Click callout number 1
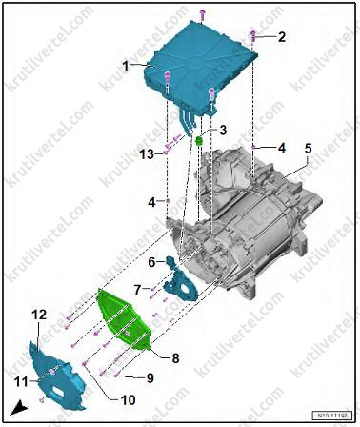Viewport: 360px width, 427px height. pyautogui.click(x=127, y=67)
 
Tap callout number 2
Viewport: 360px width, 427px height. pyautogui.click(x=281, y=37)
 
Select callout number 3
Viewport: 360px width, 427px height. pyautogui.click(x=223, y=130)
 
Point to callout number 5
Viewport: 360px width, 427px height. pyautogui.click(x=308, y=149)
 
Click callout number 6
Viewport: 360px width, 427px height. pyautogui.click(x=152, y=262)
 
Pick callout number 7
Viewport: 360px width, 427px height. pyautogui.click(x=138, y=290)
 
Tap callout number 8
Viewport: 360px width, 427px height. pyautogui.click(x=175, y=358)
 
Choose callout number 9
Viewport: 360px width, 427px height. pyautogui.click(x=150, y=377)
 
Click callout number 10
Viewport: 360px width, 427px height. pyautogui.click(x=128, y=400)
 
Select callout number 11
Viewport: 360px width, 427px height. pyautogui.click(x=21, y=381)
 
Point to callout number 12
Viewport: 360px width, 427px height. pyautogui.click(x=39, y=315)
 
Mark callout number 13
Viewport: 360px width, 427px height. pyautogui.click(x=148, y=154)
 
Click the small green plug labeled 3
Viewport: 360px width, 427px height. pyautogui.click(x=199, y=140)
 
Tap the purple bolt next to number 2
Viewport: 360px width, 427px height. pyautogui.click(x=253, y=35)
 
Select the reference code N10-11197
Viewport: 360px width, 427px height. pyautogui.click(x=332, y=416)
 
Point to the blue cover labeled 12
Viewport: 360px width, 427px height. pyautogui.click(x=57, y=376)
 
